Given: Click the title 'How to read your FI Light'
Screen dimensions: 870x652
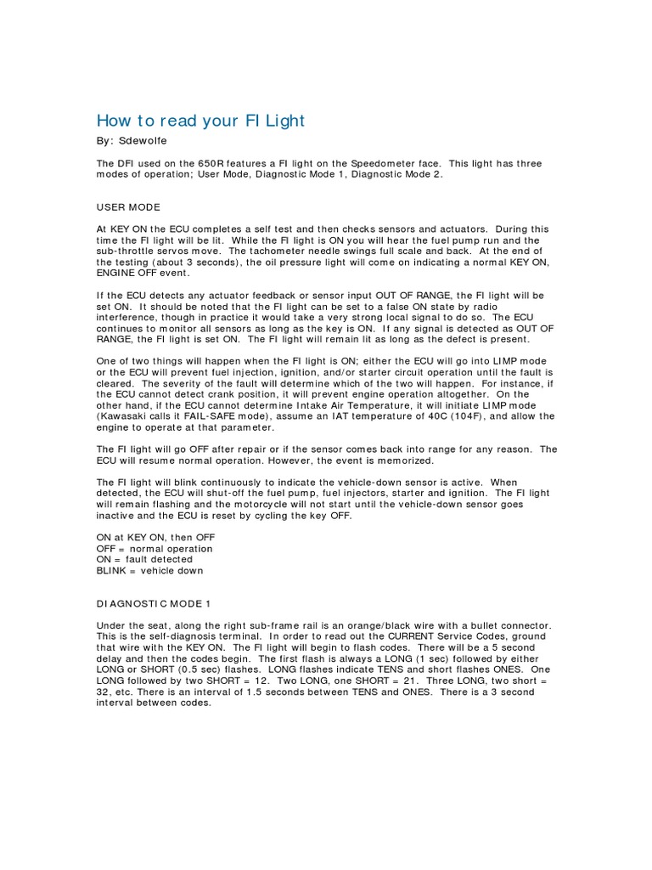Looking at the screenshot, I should click(200, 121).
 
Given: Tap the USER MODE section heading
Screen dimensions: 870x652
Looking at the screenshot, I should click(128, 207).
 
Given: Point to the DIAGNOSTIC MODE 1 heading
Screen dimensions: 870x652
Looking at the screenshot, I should click(153, 604).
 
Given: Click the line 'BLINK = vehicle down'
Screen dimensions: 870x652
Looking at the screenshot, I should click(149, 571).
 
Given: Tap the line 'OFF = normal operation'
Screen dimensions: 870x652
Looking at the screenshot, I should click(155, 549).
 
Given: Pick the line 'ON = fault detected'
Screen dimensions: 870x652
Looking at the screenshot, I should click(144, 560).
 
